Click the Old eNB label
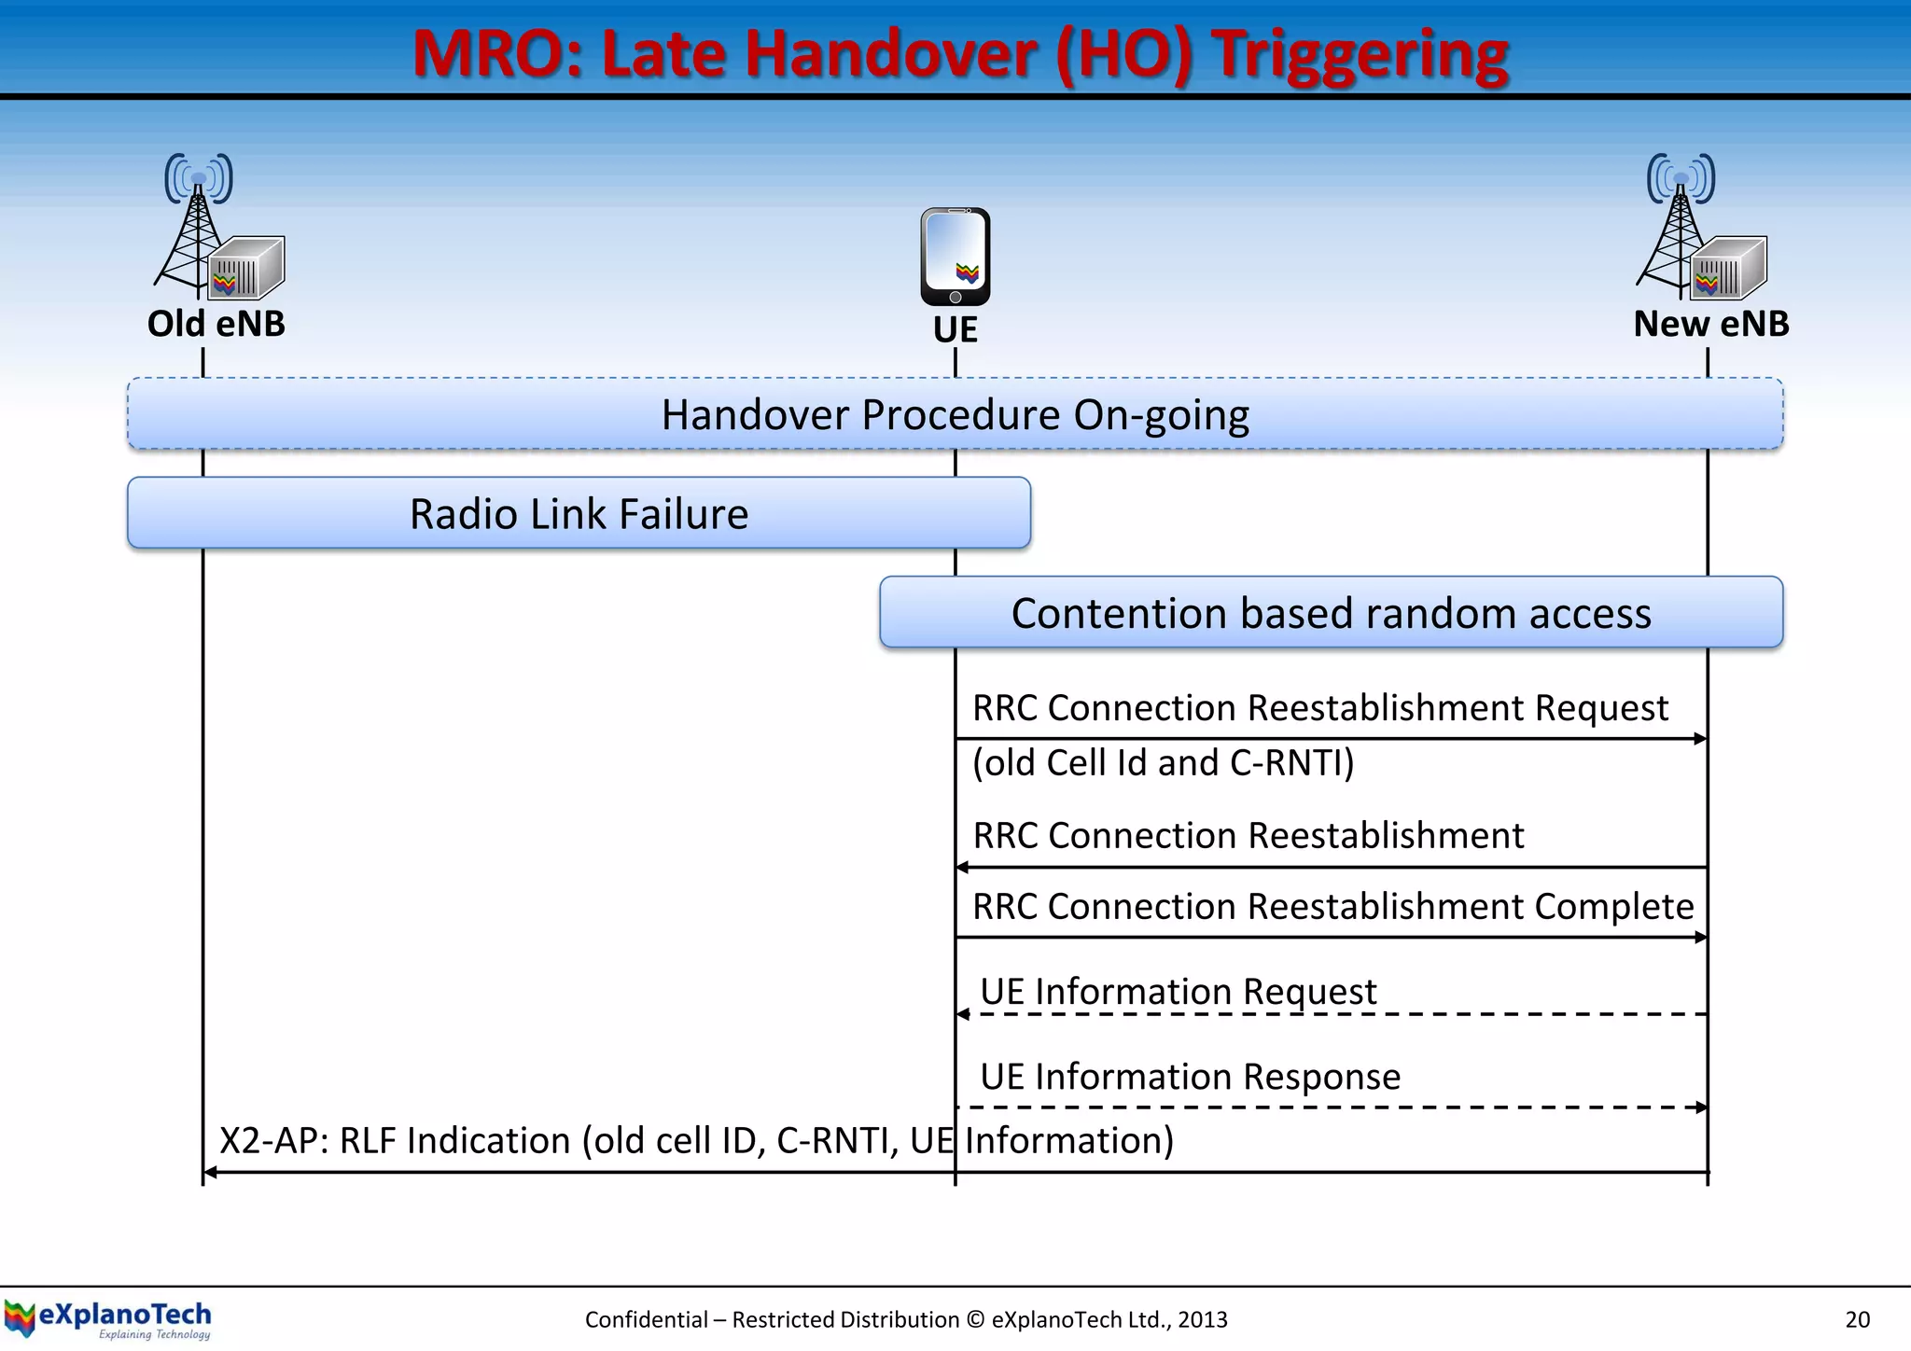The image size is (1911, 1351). tap(216, 324)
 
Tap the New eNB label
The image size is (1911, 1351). tap(1710, 324)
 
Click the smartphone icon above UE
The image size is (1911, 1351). tap(955, 257)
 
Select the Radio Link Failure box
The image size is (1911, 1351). tap(579, 513)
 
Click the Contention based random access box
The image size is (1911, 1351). tap(1331, 613)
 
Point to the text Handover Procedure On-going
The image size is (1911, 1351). tap(955, 414)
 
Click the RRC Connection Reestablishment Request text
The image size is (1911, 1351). tap(1319, 708)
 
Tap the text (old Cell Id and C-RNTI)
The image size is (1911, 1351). tap(1163, 763)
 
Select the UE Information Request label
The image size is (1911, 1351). tap(1178, 991)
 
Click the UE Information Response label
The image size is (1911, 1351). tap(1190, 1077)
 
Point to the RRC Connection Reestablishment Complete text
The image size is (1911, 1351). tap(1332, 906)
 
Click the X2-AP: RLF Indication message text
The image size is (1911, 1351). tap(696, 1140)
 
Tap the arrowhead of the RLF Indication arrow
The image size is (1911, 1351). tap(211, 1173)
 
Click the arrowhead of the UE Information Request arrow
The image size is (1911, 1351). tap(963, 1014)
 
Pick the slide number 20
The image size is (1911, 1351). tap(1857, 1319)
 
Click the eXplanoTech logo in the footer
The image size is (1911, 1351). tap(108, 1318)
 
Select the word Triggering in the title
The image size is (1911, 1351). tap(1360, 53)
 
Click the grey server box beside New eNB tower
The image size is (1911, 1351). tap(1729, 269)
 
